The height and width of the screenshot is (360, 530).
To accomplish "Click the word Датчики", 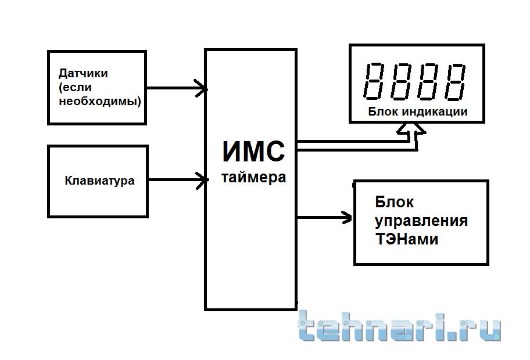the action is (83, 74).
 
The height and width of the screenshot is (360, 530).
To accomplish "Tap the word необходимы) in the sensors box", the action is (100, 101).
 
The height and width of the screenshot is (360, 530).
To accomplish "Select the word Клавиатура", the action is (99, 181).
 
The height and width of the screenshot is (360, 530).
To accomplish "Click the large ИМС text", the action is (253, 152).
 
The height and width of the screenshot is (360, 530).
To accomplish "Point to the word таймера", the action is (253, 178).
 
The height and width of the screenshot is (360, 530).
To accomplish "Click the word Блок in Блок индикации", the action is (383, 111).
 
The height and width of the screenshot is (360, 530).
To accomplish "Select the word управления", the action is (421, 221).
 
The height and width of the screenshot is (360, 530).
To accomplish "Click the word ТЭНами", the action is (407, 239).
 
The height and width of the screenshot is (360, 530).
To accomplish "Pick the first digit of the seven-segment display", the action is (374, 81).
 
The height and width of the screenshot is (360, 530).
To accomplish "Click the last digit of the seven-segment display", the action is (454, 82).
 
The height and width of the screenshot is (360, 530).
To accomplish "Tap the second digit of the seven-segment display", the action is (401, 81).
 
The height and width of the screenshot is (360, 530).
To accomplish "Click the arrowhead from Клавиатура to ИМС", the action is (202, 180).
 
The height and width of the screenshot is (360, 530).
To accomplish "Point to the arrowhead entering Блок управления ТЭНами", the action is (346, 218).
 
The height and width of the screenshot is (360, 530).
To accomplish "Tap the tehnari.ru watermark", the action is (399, 326).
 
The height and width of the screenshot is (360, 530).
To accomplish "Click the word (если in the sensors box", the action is (75, 88).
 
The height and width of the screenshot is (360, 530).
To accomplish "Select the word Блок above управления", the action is (394, 202).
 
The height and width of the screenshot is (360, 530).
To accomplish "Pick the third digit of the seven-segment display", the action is (428, 81).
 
